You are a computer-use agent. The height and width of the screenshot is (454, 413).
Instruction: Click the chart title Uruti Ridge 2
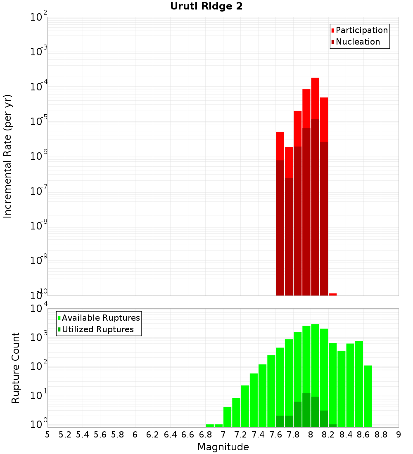pos(206,7)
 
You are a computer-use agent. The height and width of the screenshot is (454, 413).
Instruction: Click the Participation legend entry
pos(361,31)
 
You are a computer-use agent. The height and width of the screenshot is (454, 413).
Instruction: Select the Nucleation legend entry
pos(357,42)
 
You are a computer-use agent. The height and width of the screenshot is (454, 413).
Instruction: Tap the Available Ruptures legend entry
pos(100,318)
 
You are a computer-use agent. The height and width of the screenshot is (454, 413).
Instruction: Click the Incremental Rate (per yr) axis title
pos(8,156)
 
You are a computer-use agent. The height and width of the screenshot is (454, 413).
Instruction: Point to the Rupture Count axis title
pos(16,368)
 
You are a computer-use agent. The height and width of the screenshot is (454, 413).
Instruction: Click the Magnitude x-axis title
pos(223,447)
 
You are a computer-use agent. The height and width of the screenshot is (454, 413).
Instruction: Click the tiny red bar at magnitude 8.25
pos(332,294)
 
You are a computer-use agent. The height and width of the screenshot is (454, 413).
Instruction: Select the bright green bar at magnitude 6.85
pos(210,426)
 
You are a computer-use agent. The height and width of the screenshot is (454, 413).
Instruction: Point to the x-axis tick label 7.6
pos(275,435)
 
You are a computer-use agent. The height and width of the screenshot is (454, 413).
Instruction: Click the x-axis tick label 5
pos(47,435)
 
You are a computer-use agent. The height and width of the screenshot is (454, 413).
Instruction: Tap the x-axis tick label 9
pos(399,435)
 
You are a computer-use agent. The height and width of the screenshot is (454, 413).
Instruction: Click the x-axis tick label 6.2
pos(152,435)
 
